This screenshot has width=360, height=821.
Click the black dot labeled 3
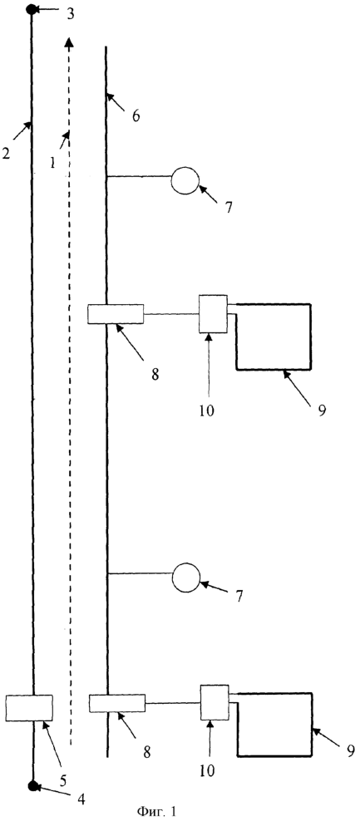32,9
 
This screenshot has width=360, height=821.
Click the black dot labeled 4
33,785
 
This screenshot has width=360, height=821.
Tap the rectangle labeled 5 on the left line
29,708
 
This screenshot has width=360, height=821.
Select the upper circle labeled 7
185,181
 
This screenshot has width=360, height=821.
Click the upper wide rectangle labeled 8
116,314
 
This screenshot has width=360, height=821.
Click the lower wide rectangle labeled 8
117,703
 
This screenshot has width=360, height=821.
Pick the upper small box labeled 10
214,313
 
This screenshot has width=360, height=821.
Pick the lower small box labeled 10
215,703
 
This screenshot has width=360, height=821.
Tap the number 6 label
136,116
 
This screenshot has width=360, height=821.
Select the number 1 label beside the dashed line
52,163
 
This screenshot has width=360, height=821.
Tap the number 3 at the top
70,13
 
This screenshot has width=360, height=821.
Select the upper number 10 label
206,410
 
